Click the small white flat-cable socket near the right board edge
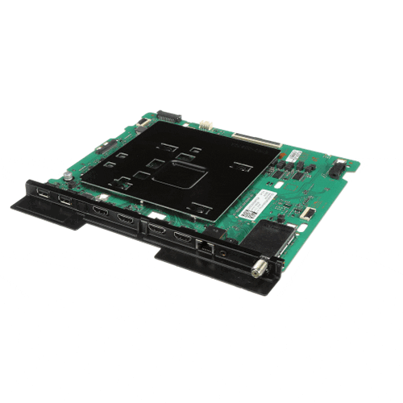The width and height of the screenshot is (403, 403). pos(307,214)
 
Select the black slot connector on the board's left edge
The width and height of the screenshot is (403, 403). pos(104,147)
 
